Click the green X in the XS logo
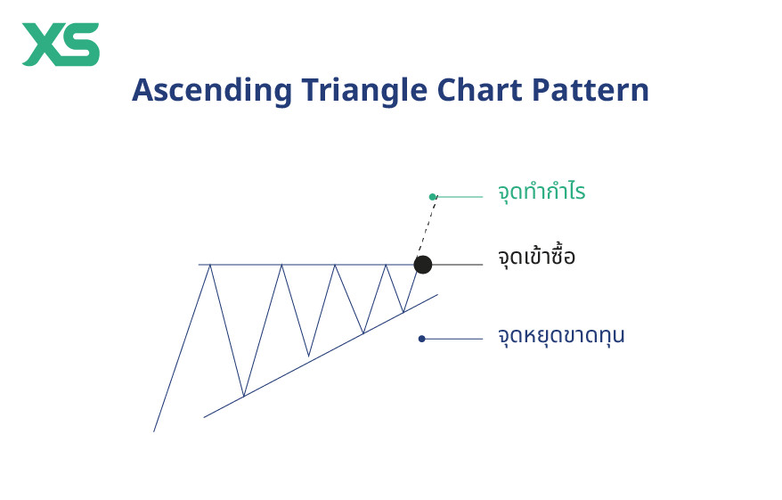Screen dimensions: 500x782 tap(42, 45)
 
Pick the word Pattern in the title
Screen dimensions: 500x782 tap(591, 91)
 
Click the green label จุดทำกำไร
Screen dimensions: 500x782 tap(542, 192)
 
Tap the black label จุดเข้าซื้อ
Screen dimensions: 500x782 tap(536, 258)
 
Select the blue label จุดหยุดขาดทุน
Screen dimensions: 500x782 tap(561, 336)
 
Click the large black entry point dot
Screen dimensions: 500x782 tap(423, 265)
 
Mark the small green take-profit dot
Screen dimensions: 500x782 tap(433, 197)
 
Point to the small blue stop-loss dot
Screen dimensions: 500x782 tap(422, 339)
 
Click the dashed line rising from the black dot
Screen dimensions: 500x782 tap(428, 230)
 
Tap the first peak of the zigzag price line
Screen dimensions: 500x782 tap(210, 266)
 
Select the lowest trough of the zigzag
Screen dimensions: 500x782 tap(244, 396)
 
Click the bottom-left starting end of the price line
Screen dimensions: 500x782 tap(155, 430)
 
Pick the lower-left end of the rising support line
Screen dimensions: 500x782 tap(205, 416)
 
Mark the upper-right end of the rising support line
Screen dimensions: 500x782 tap(436, 294)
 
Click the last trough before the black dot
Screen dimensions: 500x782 tap(403, 311)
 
